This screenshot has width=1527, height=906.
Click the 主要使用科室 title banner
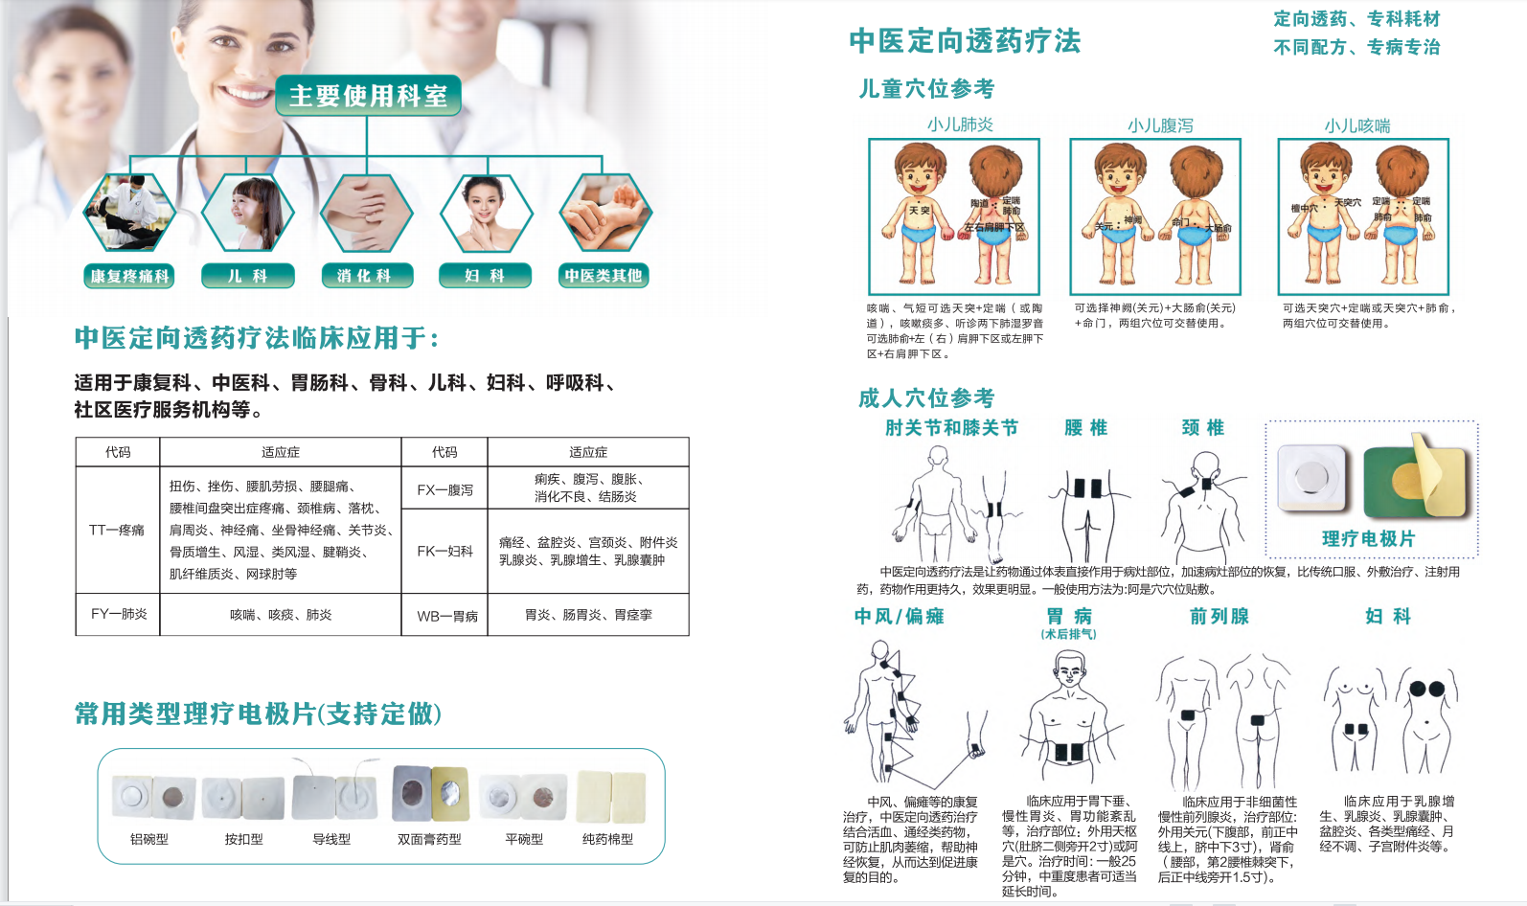click(x=368, y=96)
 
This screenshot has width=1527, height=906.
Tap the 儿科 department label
click(x=247, y=276)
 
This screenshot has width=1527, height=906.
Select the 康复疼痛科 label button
click(x=129, y=276)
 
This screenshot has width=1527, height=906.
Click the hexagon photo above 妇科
click(x=486, y=213)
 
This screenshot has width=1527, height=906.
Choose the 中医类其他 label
click(x=604, y=276)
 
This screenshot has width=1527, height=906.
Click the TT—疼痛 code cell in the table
click(x=117, y=530)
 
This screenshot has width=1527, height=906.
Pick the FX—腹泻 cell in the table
click(x=444, y=489)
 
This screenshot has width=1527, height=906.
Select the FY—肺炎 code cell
click(x=119, y=614)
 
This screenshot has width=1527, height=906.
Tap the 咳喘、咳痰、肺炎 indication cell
click(x=280, y=615)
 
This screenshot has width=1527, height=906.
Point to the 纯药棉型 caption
click(x=607, y=839)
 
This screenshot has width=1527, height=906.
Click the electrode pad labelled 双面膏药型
click(x=430, y=794)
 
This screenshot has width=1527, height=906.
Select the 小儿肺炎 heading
click(x=960, y=125)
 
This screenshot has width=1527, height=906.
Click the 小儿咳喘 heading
click(x=1356, y=125)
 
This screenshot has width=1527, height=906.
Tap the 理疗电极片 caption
click(x=1368, y=539)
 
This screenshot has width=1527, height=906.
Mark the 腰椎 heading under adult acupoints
click(x=1085, y=428)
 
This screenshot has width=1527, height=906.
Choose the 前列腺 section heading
click(x=1219, y=617)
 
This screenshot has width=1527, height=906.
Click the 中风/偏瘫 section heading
click(x=899, y=617)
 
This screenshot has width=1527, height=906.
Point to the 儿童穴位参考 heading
click(x=926, y=89)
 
